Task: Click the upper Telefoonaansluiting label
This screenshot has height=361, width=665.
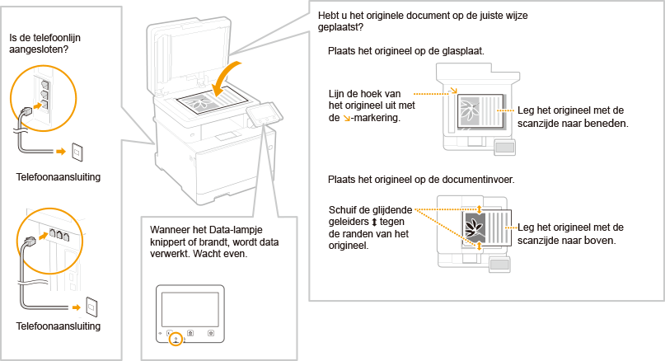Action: [x=59, y=177]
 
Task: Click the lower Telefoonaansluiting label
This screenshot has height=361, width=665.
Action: [x=59, y=326]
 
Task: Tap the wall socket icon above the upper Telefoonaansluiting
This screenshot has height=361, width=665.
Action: [x=78, y=152]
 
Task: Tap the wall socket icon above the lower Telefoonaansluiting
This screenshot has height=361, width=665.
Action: [x=91, y=307]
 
